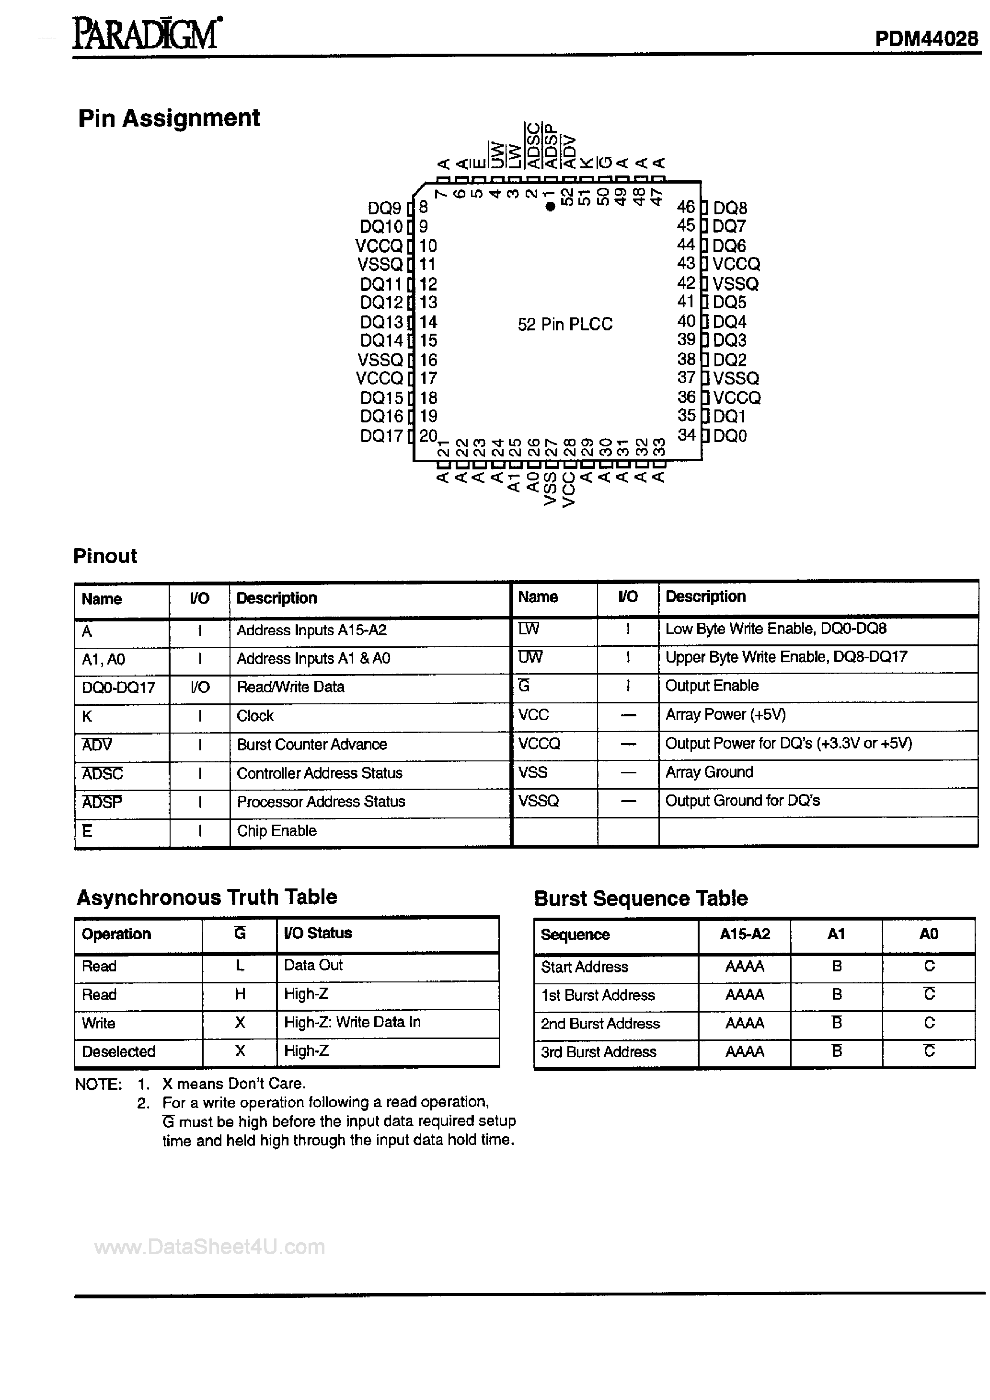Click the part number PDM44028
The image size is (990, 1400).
[x=926, y=39]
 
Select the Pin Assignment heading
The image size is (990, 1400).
[x=169, y=117]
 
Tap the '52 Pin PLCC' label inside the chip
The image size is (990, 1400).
[x=564, y=325]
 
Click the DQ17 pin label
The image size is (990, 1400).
[x=381, y=436]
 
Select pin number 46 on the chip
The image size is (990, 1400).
[x=686, y=207]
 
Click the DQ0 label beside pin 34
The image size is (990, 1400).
[x=730, y=436]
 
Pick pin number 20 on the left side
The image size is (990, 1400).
[x=428, y=435]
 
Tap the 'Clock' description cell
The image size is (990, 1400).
[x=255, y=715]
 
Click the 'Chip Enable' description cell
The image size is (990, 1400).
[x=276, y=830]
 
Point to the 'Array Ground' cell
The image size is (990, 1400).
[x=709, y=772]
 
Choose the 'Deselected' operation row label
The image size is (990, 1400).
[x=119, y=1051]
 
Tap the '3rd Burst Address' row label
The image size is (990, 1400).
[x=598, y=1052]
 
